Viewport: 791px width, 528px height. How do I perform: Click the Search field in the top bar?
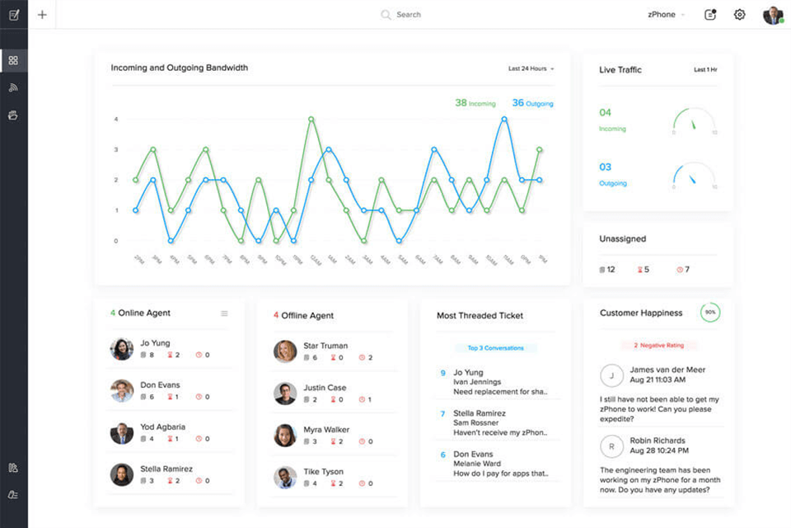coord(409,15)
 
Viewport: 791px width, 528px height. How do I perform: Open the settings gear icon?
coord(739,15)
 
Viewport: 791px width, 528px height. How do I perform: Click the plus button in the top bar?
coord(42,15)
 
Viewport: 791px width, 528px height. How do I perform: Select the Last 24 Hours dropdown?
coord(531,68)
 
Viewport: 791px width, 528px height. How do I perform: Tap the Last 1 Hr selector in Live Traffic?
coord(705,70)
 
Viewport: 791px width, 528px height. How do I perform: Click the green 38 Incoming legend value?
coord(475,103)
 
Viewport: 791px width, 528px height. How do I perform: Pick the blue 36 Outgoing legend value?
coord(532,103)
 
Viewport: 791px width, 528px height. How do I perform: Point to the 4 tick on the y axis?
coord(116,119)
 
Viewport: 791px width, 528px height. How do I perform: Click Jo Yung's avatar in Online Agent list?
coord(121,349)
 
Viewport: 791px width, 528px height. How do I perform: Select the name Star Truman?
coord(325,346)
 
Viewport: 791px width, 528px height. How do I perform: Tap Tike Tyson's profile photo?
coord(285,477)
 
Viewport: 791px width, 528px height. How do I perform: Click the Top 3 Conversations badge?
coord(495,348)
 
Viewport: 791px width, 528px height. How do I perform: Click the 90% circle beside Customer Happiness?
coord(709,313)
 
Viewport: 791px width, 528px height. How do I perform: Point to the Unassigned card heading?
coord(622,239)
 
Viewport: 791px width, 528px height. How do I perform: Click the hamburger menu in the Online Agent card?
coord(224,313)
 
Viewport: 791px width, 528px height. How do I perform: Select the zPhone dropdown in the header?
coord(666,15)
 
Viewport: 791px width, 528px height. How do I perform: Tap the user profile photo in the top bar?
coord(772,15)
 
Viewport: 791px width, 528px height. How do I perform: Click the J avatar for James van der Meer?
coord(611,375)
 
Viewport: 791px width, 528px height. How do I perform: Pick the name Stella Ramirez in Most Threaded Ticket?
coord(480,412)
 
